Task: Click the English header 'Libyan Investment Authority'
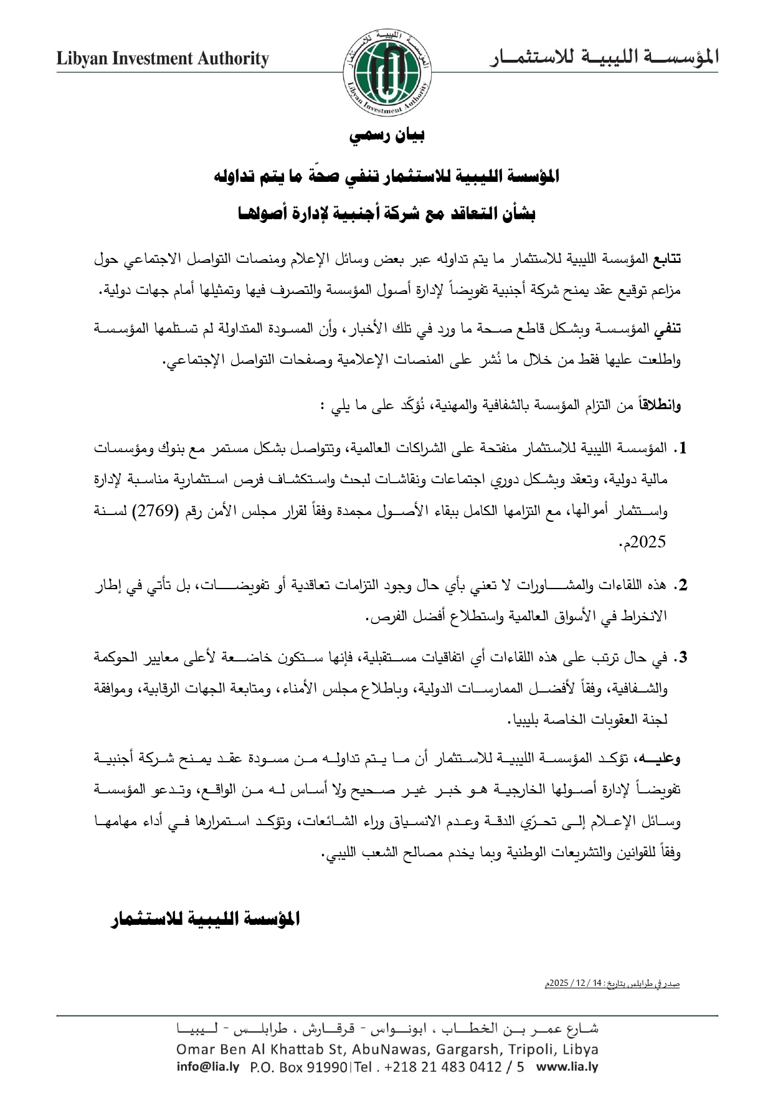coord(163,59)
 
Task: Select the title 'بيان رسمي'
coord(387,135)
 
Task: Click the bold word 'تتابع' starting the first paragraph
coord(665,258)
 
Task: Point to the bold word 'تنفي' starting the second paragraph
coord(668,328)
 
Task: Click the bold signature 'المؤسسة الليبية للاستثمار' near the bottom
coord(205,919)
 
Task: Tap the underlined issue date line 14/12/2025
coord(611,984)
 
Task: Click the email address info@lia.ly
coord(207,1067)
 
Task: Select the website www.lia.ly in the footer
coord(567,1067)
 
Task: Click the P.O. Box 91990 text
coord(300,1067)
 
